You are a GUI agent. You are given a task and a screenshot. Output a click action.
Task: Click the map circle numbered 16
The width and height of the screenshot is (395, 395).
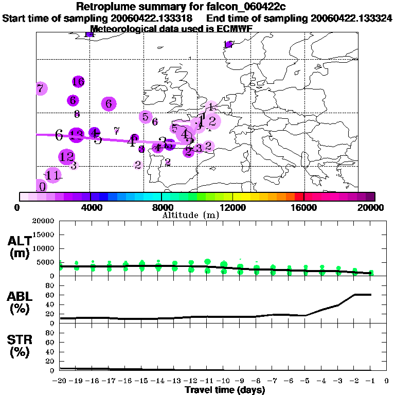click(x=78, y=81)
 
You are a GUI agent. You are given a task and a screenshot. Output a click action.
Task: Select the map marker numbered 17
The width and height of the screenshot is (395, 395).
click(x=228, y=44)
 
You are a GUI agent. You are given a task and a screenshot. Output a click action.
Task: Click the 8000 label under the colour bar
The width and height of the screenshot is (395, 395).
click(x=162, y=207)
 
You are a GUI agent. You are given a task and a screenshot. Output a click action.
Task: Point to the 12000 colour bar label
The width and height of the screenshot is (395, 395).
click(x=233, y=207)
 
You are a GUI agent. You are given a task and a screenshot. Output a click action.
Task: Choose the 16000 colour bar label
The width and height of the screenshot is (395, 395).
click(x=304, y=207)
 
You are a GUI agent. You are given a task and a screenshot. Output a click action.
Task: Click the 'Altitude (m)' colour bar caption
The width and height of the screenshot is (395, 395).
click(x=190, y=215)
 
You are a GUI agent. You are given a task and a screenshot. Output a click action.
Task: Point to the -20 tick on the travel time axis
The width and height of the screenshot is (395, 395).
click(x=60, y=381)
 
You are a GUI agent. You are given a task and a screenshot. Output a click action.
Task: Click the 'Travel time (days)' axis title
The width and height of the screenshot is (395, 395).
click(x=225, y=390)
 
